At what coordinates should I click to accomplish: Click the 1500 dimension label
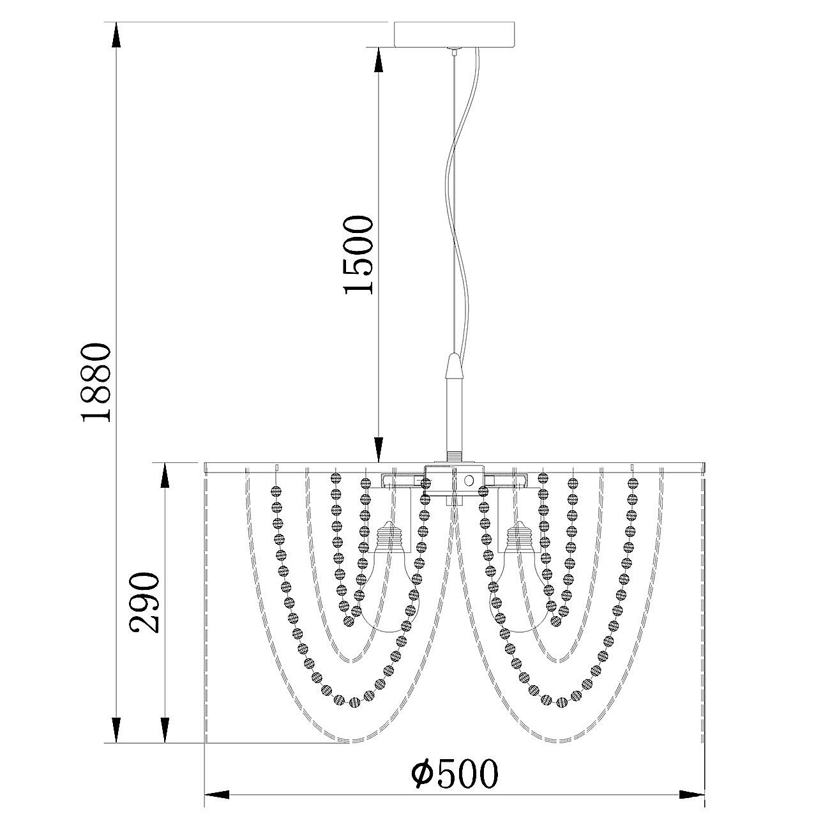click(x=358, y=255)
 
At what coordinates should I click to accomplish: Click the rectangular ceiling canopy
click(x=455, y=34)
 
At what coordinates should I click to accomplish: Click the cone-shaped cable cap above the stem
click(x=453, y=365)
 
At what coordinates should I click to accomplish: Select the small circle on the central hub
click(x=469, y=480)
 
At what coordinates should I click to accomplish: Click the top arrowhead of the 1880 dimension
click(x=116, y=34)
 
